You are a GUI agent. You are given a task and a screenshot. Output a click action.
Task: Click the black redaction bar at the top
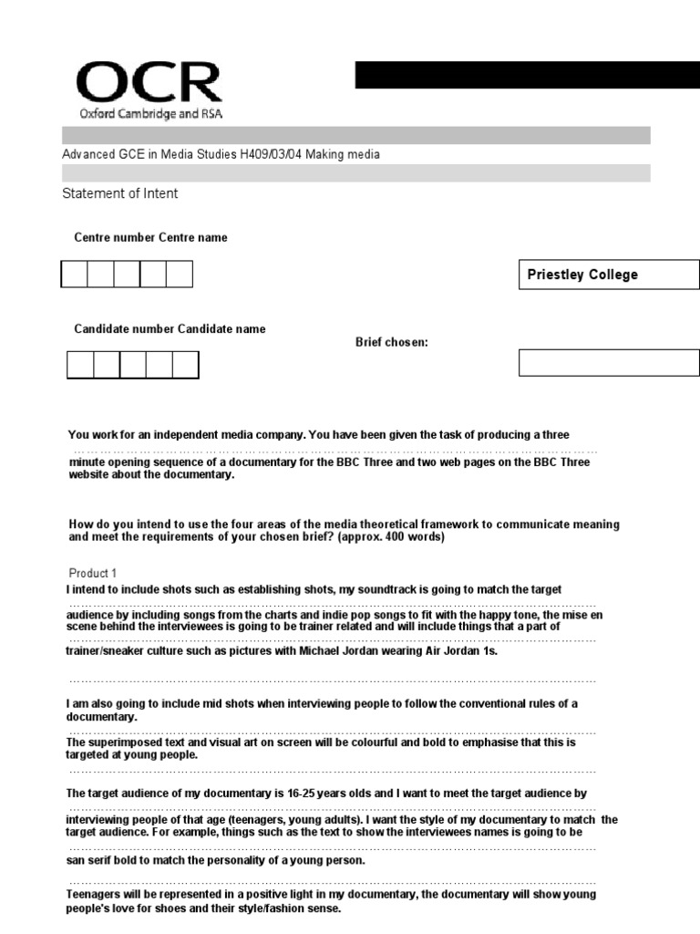click(527, 75)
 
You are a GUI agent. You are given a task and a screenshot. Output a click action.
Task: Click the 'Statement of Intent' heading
click(119, 193)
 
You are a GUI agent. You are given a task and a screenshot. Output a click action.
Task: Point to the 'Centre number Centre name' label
click(150, 238)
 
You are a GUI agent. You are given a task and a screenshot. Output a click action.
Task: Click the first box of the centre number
click(75, 275)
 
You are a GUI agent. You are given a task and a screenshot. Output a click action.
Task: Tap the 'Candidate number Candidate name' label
click(170, 329)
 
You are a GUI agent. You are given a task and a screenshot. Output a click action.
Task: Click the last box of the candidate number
click(185, 365)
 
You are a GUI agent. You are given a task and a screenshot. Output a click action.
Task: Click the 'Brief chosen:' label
click(391, 342)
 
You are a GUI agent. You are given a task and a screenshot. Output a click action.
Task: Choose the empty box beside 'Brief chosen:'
click(609, 362)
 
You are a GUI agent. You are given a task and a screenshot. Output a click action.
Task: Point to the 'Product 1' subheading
click(93, 574)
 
